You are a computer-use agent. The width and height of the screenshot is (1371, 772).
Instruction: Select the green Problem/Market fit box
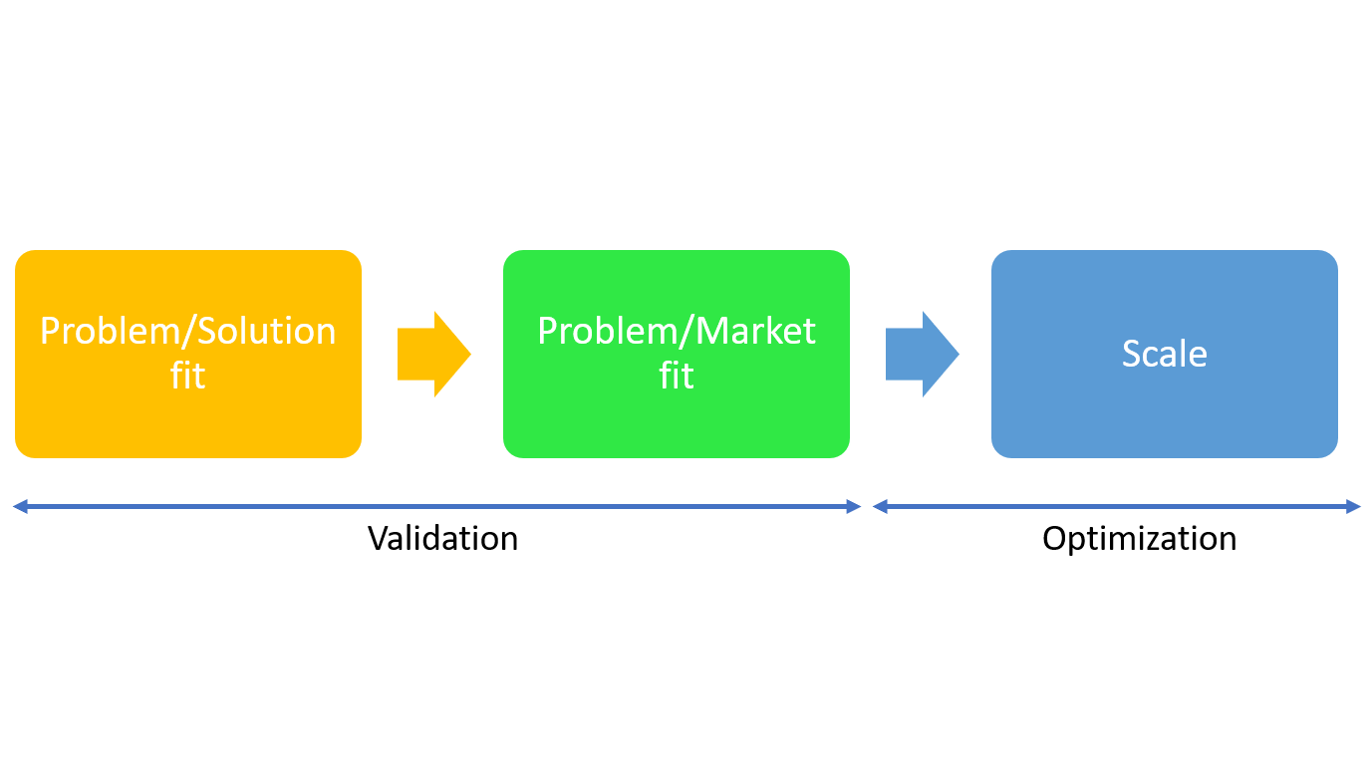click(677, 418)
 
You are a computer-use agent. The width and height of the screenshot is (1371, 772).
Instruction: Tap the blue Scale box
click(1165, 408)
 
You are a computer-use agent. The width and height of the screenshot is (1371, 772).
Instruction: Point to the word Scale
click(1165, 354)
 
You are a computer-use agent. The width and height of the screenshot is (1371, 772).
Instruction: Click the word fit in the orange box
click(188, 376)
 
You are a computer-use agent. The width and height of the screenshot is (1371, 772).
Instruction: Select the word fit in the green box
click(677, 376)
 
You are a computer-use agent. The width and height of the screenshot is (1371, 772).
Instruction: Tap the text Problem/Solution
click(188, 331)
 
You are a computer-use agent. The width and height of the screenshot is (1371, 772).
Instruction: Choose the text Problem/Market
click(677, 331)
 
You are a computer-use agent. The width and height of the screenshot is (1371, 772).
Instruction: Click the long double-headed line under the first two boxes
click(436, 507)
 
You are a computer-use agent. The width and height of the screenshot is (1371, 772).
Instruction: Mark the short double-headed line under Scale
click(1116, 507)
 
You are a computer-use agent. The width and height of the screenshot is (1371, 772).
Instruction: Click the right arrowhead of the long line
click(854, 507)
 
